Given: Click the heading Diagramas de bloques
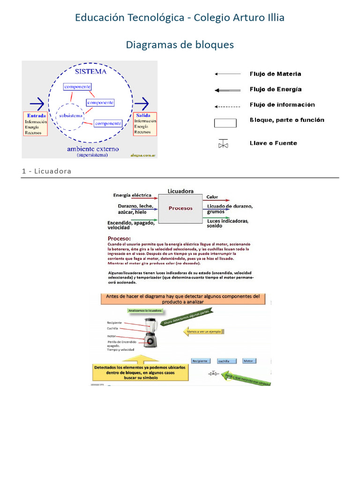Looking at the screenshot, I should click(x=180, y=45).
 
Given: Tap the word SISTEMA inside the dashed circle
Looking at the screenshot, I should click(x=90, y=72).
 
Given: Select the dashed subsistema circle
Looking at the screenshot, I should click(x=71, y=115).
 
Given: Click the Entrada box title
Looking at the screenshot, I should click(x=37, y=115).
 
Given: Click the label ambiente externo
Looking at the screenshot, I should click(x=93, y=149).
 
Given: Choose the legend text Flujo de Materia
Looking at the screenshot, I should click(x=275, y=74).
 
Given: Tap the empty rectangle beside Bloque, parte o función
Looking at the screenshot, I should click(x=225, y=123).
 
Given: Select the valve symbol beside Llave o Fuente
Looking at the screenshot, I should click(x=223, y=144).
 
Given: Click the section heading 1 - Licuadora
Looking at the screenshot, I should click(x=46, y=171).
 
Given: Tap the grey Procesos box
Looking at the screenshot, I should click(x=180, y=209).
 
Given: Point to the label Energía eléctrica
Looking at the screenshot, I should click(x=132, y=195).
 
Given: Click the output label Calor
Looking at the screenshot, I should click(x=212, y=197).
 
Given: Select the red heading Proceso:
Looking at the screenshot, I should click(x=119, y=238).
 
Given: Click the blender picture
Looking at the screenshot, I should click(x=150, y=332).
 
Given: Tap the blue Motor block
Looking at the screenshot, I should click(x=249, y=361).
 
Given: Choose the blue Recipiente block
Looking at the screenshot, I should click(x=200, y=361).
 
